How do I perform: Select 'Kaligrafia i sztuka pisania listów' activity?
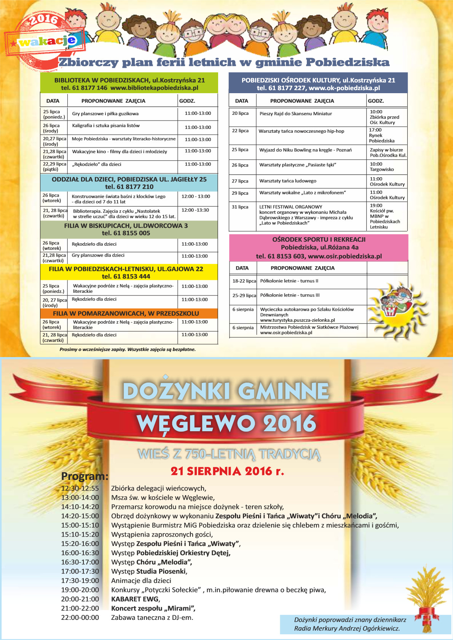(x=106, y=125)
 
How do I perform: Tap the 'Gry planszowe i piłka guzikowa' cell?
(x=105, y=114)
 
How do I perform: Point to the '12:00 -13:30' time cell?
(x=195, y=210)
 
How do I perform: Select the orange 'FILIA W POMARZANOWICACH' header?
(x=126, y=313)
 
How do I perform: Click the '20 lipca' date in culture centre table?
(x=240, y=113)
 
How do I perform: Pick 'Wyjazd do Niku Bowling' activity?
(x=305, y=150)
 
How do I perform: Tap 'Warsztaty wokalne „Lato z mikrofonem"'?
(x=303, y=193)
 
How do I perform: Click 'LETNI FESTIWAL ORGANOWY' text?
(x=290, y=207)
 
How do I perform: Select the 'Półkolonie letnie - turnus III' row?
(x=290, y=295)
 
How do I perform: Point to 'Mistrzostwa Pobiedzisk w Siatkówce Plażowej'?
(x=309, y=327)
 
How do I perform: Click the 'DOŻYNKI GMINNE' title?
(x=226, y=391)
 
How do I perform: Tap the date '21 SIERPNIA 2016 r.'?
(x=227, y=471)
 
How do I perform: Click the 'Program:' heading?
(x=85, y=476)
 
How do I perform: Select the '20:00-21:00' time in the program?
(x=80, y=599)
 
